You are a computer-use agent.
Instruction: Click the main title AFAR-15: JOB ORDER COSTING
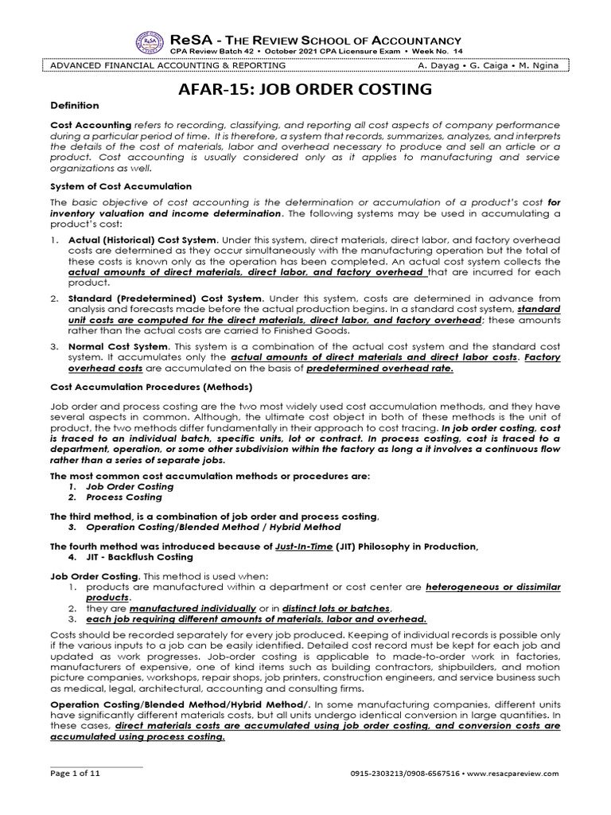tap(305, 88)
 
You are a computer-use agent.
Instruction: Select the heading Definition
tap(75, 106)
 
